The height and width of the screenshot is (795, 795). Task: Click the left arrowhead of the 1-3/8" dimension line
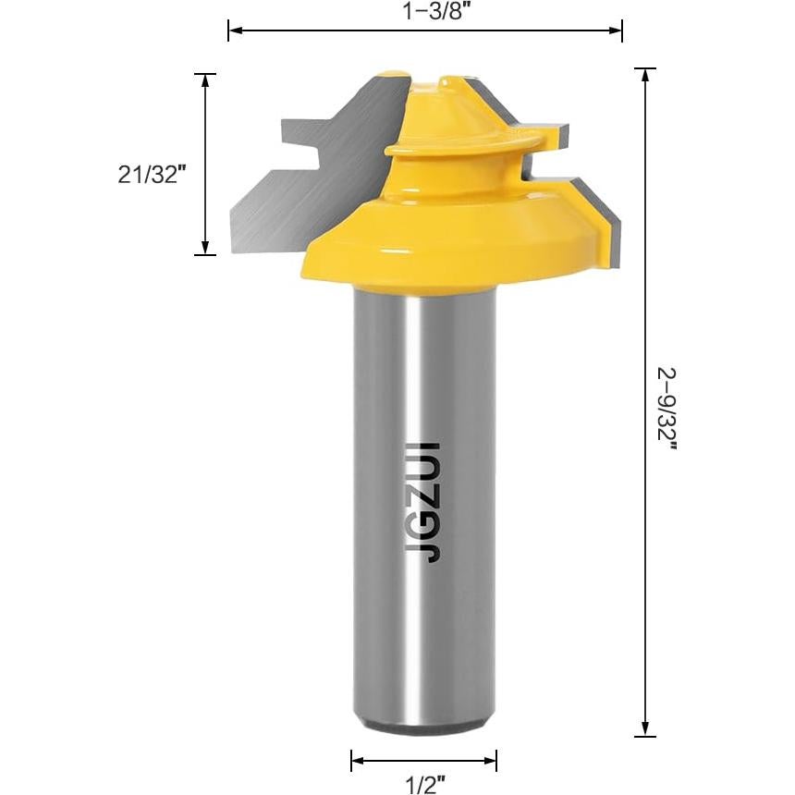[235, 31]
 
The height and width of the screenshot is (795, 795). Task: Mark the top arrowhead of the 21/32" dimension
[205, 79]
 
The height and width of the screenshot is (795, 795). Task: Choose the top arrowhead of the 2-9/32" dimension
[644, 75]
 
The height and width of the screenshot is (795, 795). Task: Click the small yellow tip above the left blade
[393, 74]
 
